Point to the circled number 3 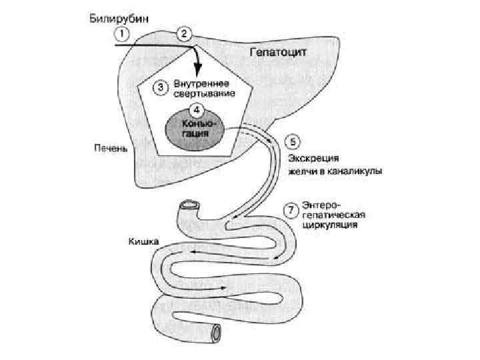(x=160, y=86)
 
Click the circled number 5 (x=292, y=142)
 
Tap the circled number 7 (x=290, y=209)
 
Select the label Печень (x=107, y=148)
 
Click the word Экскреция (x=313, y=159)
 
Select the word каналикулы (x=355, y=172)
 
